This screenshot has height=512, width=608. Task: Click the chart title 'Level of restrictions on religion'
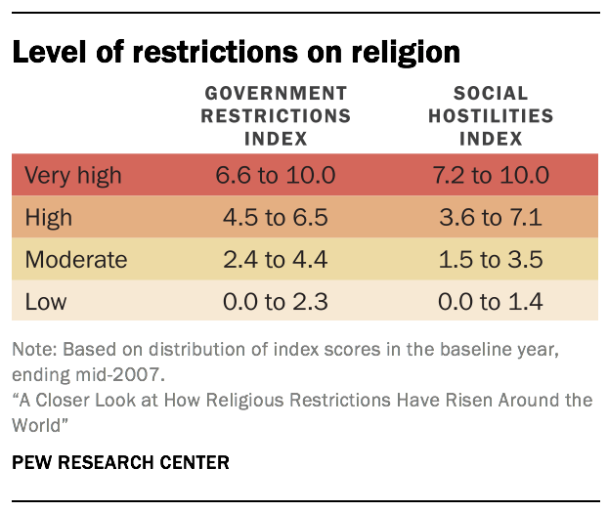(x=236, y=51)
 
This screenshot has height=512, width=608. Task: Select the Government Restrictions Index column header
(x=276, y=115)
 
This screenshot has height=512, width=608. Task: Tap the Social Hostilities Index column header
(x=503, y=115)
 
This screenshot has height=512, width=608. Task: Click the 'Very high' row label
(x=73, y=176)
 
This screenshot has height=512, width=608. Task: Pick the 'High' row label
(x=48, y=218)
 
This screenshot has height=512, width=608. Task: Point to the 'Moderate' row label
(x=76, y=260)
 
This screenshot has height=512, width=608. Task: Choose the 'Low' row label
(x=45, y=302)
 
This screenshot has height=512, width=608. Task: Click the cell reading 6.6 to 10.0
(x=276, y=176)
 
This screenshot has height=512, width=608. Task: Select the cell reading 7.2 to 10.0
(x=503, y=176)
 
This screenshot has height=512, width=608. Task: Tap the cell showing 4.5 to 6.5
(x=276, y=218)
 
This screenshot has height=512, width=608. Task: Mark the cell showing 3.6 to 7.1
(x=503, y=218)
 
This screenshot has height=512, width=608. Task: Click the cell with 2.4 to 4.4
(x=276, y=260)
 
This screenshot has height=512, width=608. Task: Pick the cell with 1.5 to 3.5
(x=503, y=260)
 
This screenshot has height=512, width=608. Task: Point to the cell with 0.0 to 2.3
(x=276, y=302)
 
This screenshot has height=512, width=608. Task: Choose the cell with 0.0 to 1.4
(x=503, y=302)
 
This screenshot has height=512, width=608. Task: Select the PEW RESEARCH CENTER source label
(x=120, y=462)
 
